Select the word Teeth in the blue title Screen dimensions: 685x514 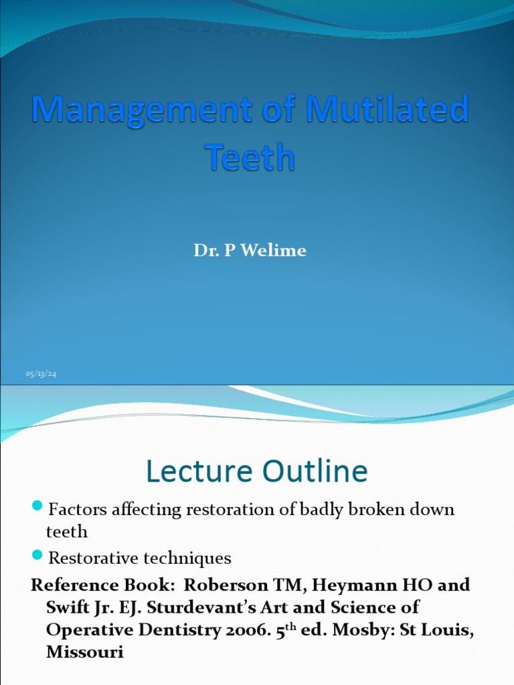coord(249,158)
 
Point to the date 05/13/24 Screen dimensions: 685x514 coord(41,374)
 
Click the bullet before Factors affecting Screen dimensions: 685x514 coord(38,505)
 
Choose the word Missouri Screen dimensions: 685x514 coord(85,652)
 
